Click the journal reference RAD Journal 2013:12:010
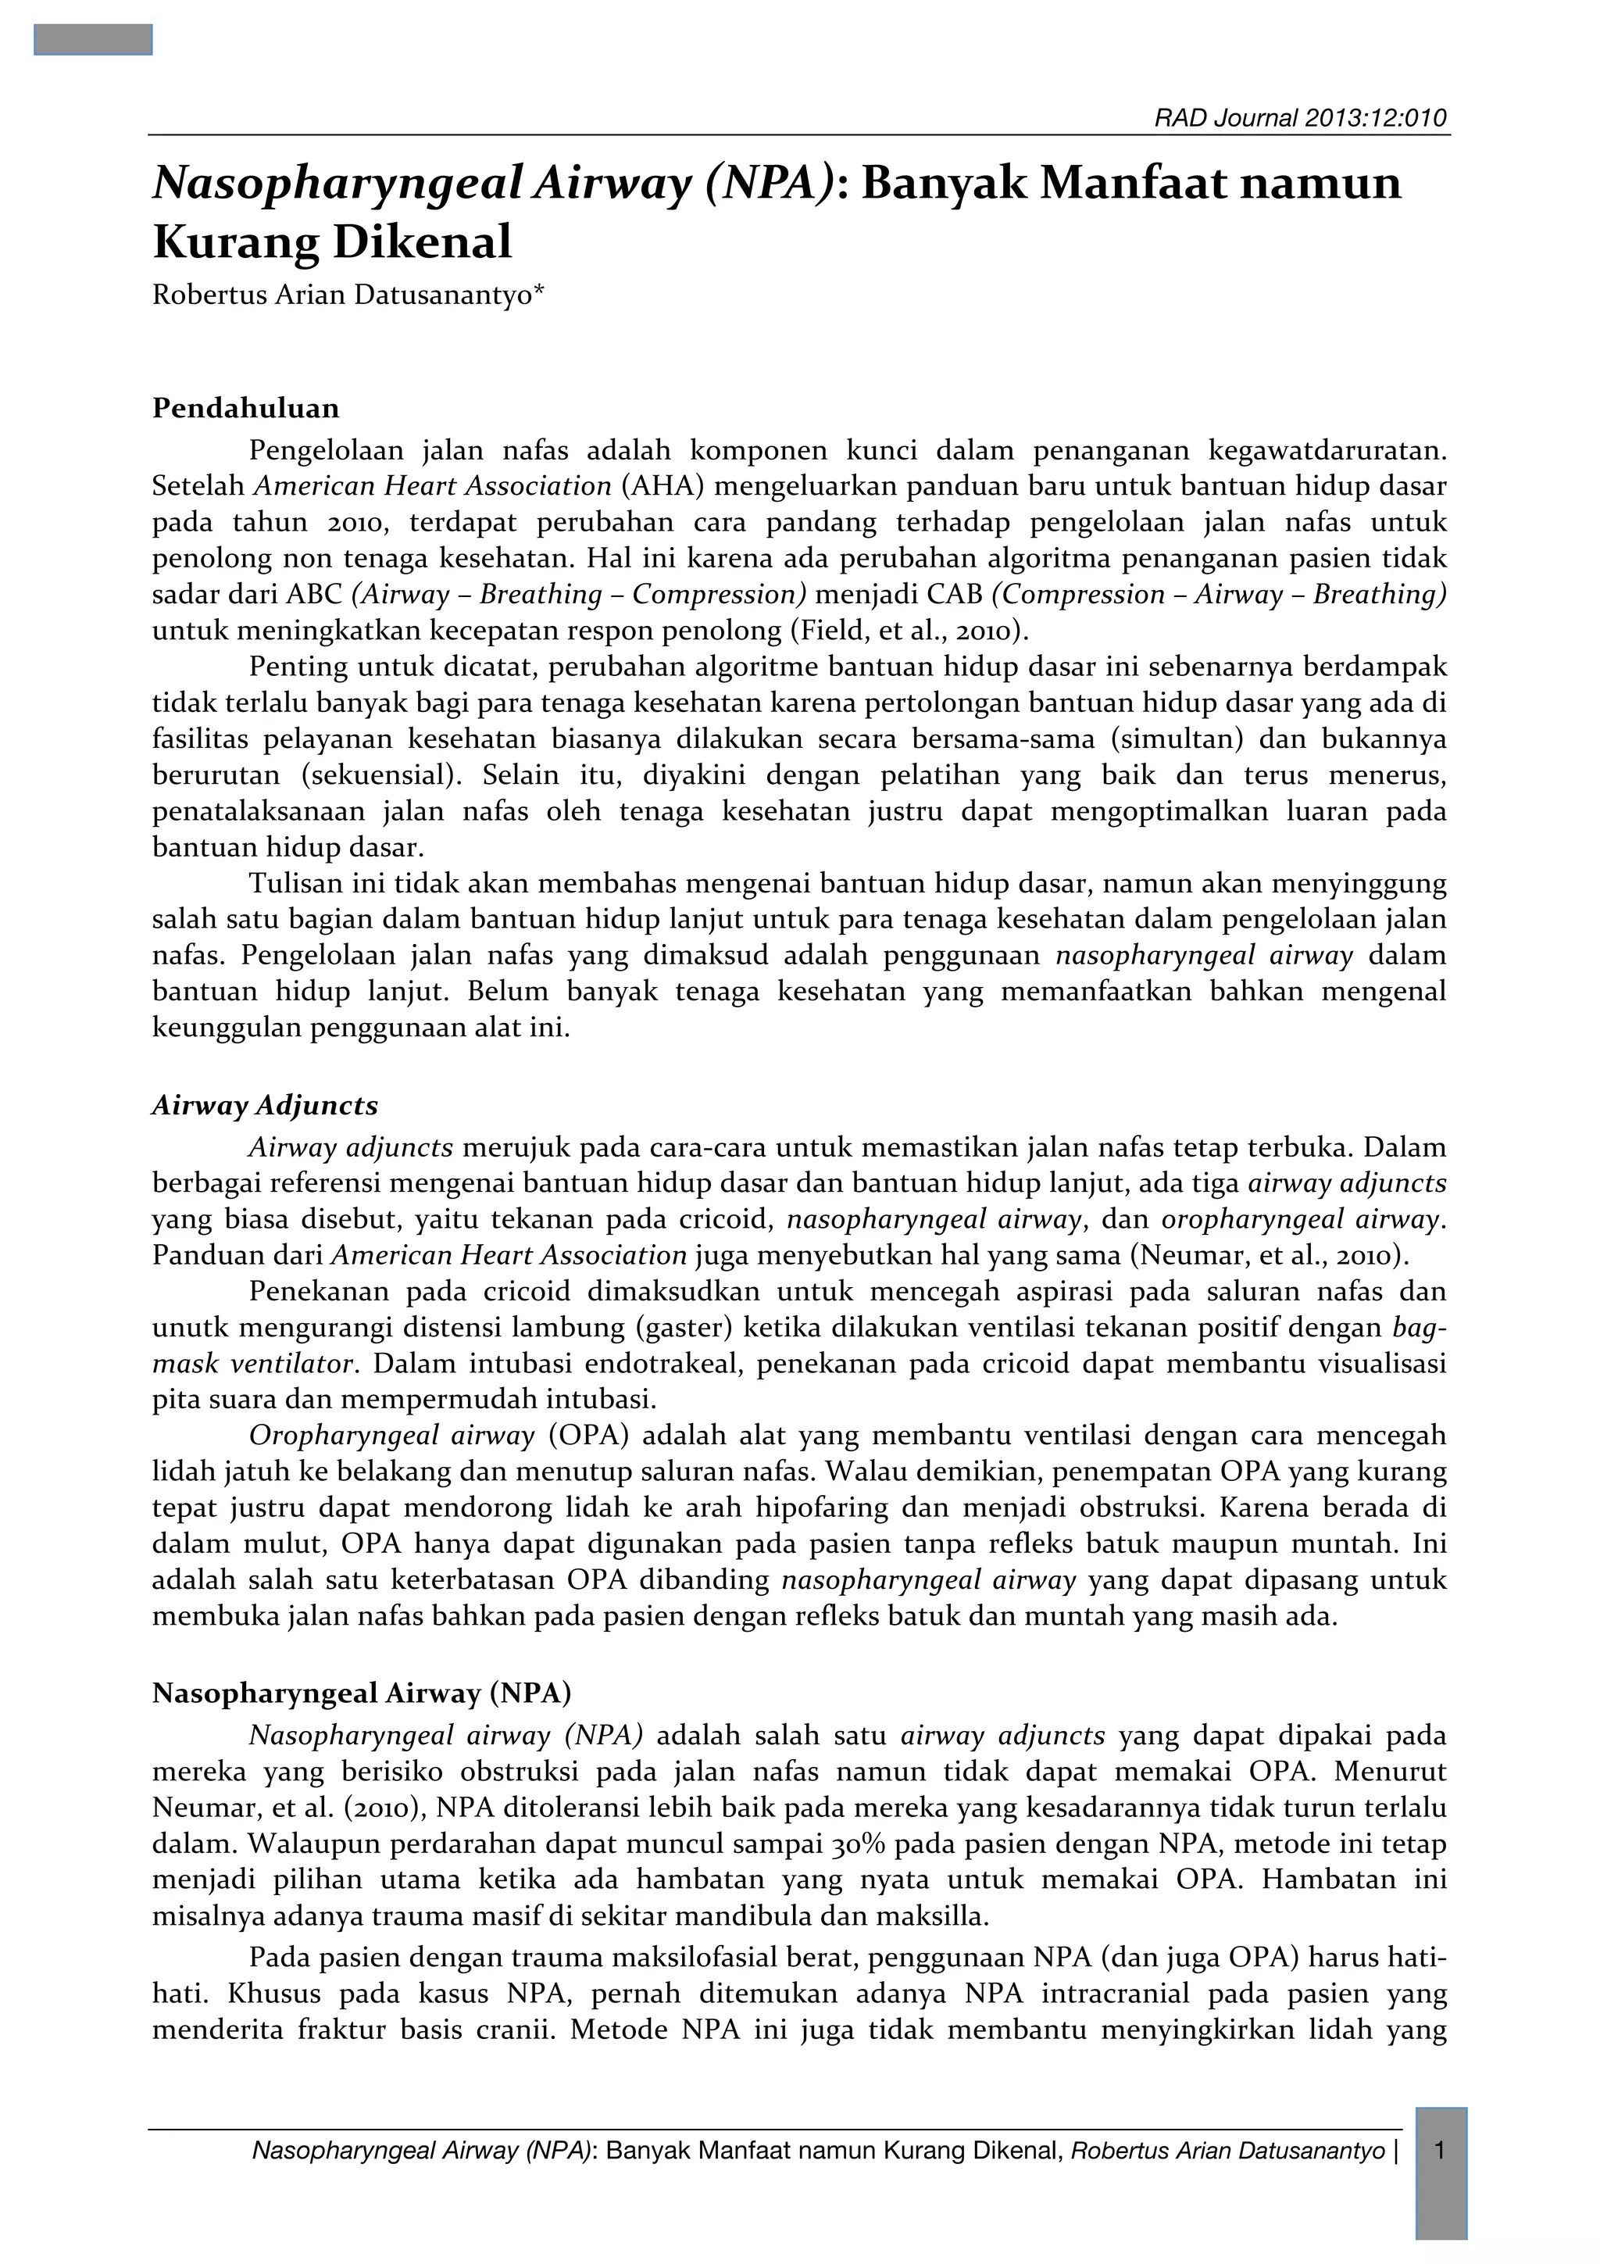click(1300, 120)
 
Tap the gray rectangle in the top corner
click(93, 39)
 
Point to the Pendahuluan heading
click(245, 408)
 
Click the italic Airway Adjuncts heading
click(264, 1105)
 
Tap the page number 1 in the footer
click(1441, 2151)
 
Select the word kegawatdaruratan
click(1327, 451)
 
